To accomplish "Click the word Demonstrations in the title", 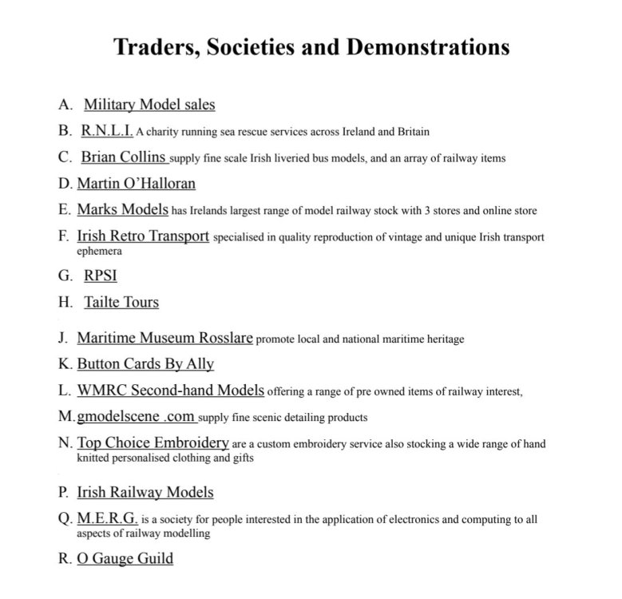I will (x=427, y=47).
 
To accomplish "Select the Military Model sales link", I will (x=149, y=105).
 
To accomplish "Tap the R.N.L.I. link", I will (x=107, y=130).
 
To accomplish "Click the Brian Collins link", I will (x=124, y=157).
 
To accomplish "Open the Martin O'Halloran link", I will (x=136, y=184).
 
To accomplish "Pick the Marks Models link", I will (x=122, y=210).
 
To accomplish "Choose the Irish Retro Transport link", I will (x=143, y=236).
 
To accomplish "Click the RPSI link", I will (x=101, y=276).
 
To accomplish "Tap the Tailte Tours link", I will (x=121, y=303).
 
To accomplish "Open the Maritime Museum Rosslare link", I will (x=164, y=338).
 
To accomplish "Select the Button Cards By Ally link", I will (x=145, y=364).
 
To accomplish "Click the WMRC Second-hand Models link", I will (x=170, y=391).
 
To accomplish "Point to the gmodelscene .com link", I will (x=136, y=417).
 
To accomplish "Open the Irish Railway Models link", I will (x=145, y=493).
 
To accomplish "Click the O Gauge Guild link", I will (x=125, y=558).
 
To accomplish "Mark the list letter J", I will (x=62, y=339).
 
